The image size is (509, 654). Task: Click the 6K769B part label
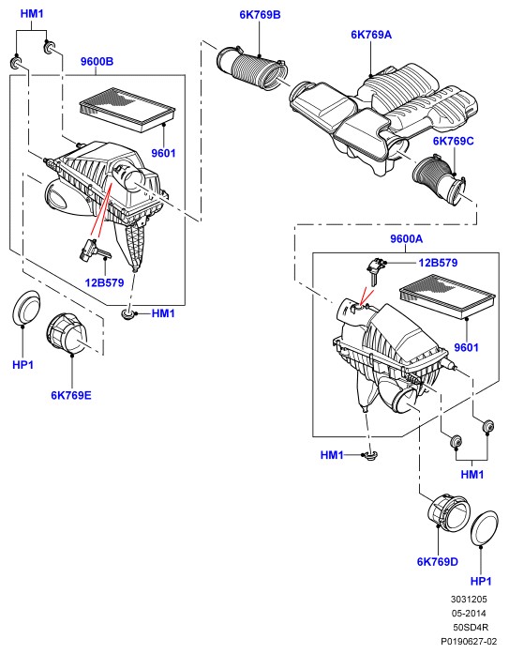coord(260,15)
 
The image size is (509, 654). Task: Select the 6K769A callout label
coord(371,34)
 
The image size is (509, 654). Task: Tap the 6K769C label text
coord(453,141)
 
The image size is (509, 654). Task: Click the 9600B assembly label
coord(97,61)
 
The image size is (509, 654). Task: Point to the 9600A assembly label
coord(406,239)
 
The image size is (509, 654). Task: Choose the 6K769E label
coord(71,395)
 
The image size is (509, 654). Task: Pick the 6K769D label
coord(438,562)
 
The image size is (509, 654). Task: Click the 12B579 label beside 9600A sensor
coord(438,263)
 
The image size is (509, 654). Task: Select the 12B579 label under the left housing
coord(105,282)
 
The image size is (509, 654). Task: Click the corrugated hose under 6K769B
coord(252,68)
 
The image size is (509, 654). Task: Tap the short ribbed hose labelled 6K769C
coord(439,179)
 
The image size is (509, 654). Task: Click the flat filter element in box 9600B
coord(127,109)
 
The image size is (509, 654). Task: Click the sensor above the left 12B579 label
coord(94,250)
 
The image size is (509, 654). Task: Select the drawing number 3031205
coord(469,600)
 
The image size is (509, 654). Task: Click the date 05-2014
coord(469,613)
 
